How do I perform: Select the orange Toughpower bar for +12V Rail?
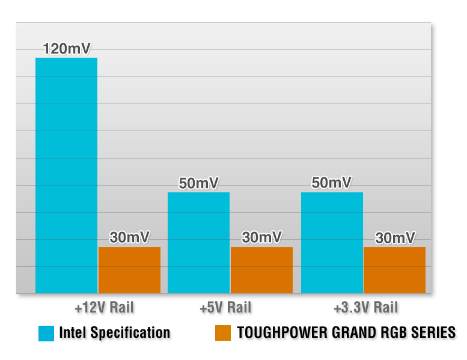pos(129,270)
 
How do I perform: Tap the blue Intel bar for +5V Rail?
pos(198,243)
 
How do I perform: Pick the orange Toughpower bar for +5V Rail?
pos(261,270)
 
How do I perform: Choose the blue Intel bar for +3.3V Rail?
pos(332,243)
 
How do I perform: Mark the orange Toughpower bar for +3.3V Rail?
pos(394,270)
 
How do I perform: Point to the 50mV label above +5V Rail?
pos(198,183)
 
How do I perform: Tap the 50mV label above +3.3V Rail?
pos(332,183)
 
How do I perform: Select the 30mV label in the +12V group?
pos(130,237)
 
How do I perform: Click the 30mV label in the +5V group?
pos(261,237)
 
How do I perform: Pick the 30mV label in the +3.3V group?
pos(395,238)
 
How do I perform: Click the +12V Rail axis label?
pos(104,308)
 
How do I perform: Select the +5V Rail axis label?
pos(225,308)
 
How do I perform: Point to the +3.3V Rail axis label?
pos(365,308)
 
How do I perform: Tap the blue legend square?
pos(46,333)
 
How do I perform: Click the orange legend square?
pos(223,333)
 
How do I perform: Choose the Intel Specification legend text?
pos(114,333)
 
